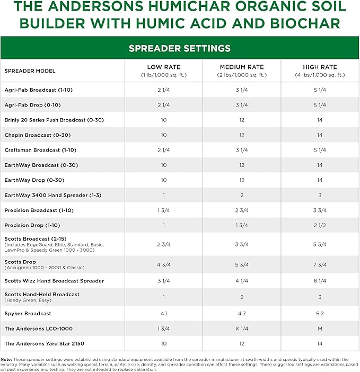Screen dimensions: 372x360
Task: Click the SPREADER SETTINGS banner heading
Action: (180, 48)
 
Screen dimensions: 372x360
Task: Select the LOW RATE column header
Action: (163, 67)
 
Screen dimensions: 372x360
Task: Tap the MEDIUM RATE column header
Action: (241, 67)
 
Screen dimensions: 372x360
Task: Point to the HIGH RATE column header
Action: (320, 67)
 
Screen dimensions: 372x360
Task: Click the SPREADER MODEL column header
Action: (30, 71)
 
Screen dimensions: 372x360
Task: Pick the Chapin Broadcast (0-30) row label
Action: (37, 135)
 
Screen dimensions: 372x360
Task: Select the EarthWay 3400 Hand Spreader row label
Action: (52, 195)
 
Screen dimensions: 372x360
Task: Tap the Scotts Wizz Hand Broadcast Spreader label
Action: (54, 281)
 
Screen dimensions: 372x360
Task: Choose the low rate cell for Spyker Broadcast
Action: (163, 313)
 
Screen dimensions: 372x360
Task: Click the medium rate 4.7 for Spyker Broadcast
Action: (241, 313)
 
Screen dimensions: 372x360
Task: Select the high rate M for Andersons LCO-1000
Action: (320, 329)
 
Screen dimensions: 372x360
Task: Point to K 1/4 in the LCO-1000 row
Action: (241, 329)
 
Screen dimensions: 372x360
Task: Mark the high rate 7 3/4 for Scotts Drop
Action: (320, 264)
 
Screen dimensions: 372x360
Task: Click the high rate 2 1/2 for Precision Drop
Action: (320, 225)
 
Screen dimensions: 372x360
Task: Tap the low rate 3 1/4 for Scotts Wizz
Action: (163, 281)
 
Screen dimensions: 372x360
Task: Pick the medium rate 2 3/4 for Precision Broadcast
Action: (241, 210)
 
